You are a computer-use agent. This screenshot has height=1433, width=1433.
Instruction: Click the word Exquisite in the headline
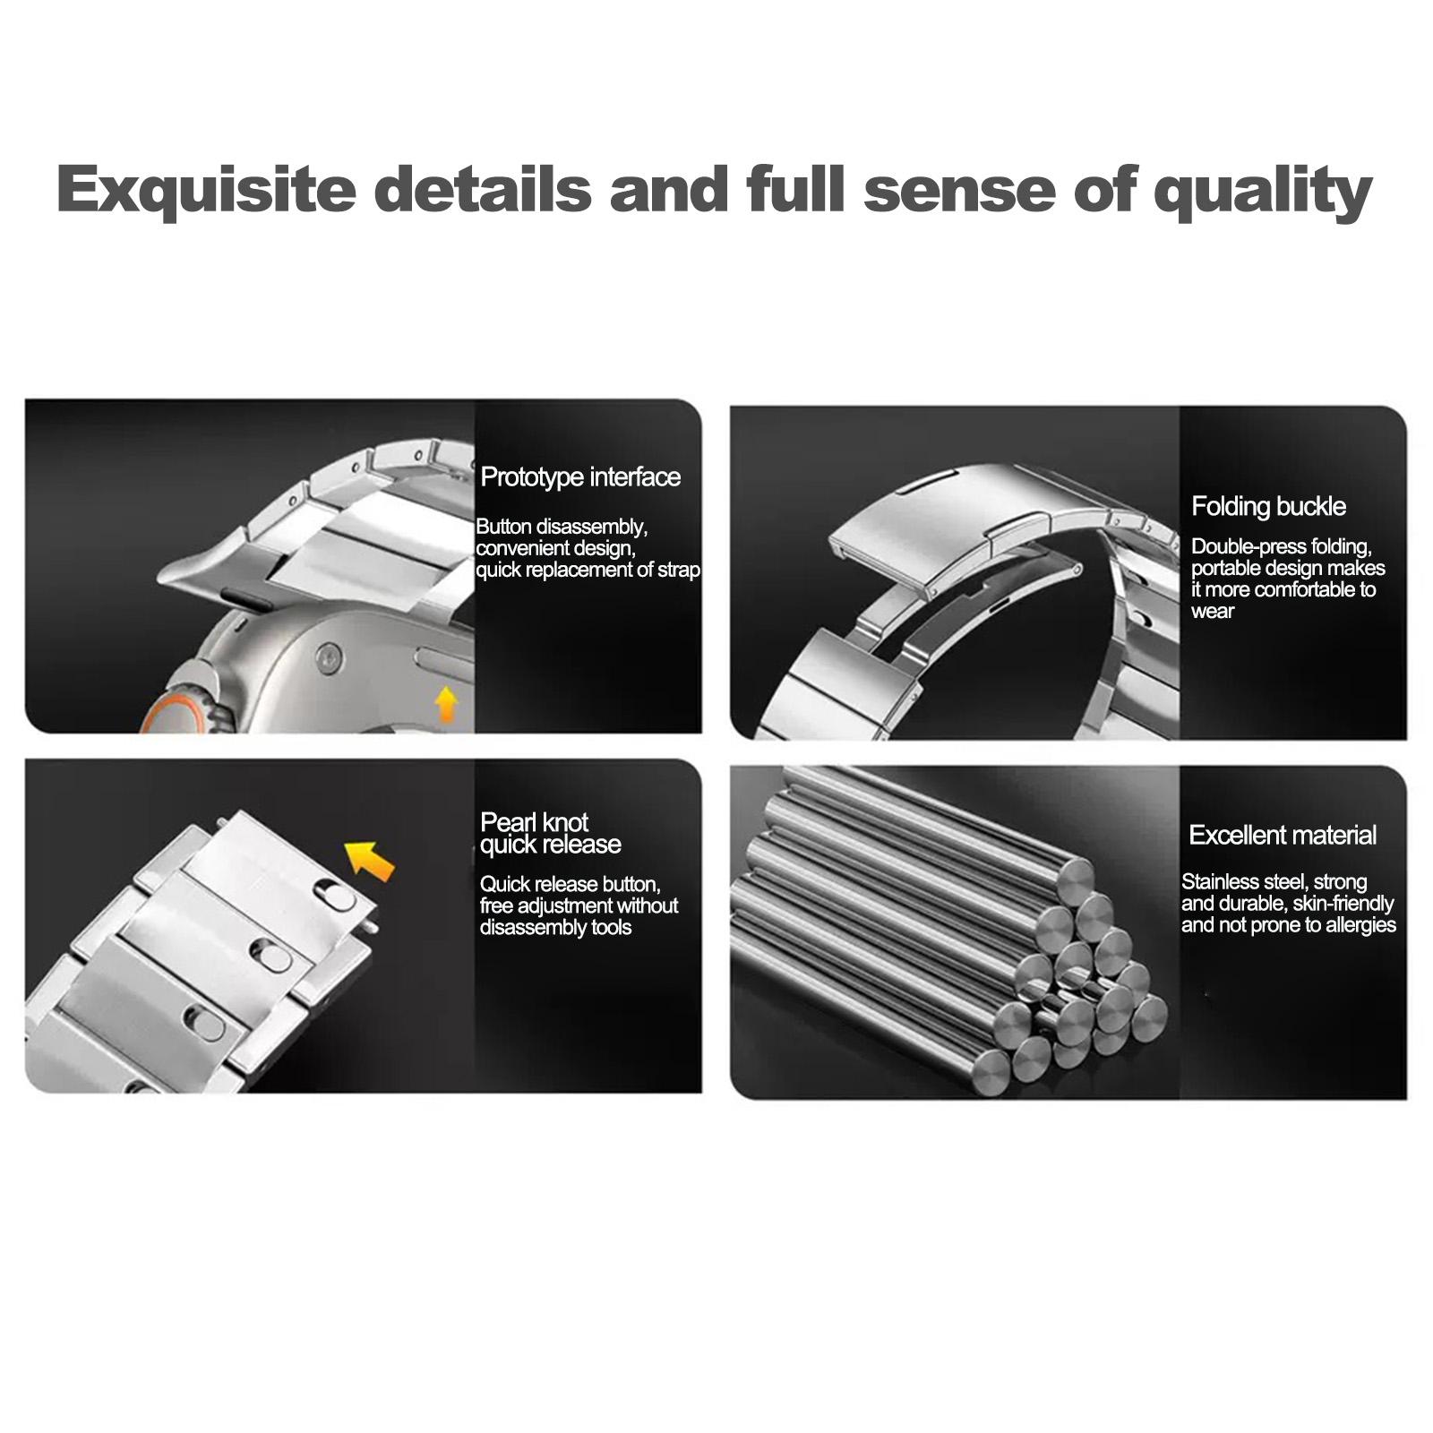(x=207, y=189)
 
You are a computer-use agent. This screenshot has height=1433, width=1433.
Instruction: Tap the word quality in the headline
(x=1264, y=191)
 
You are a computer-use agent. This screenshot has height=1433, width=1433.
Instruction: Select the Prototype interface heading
(x=580, y=477)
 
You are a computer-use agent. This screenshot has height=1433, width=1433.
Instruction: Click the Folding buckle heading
(x=1268, y=507)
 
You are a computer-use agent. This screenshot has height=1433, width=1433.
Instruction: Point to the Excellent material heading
(x=1283, y=836)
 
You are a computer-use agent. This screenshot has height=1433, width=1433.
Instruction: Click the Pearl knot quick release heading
(x=551, y=833)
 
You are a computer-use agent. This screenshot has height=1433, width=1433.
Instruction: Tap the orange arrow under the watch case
(x=446, y=705)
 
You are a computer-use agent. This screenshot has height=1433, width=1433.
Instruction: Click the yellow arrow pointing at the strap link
(x=370, y=860)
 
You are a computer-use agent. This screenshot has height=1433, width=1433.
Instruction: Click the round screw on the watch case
(x=329, y=658)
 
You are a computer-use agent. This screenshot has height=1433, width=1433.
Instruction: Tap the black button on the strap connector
(x=245, y=599)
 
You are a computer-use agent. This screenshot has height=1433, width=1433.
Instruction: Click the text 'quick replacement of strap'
(x=588, y=571)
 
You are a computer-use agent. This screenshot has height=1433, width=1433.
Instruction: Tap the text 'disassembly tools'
(x=555, y=928)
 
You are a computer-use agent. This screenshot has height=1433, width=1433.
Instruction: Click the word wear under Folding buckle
(x=1213, y=613)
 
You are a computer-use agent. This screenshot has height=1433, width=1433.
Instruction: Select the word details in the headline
(x=483, y=189)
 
